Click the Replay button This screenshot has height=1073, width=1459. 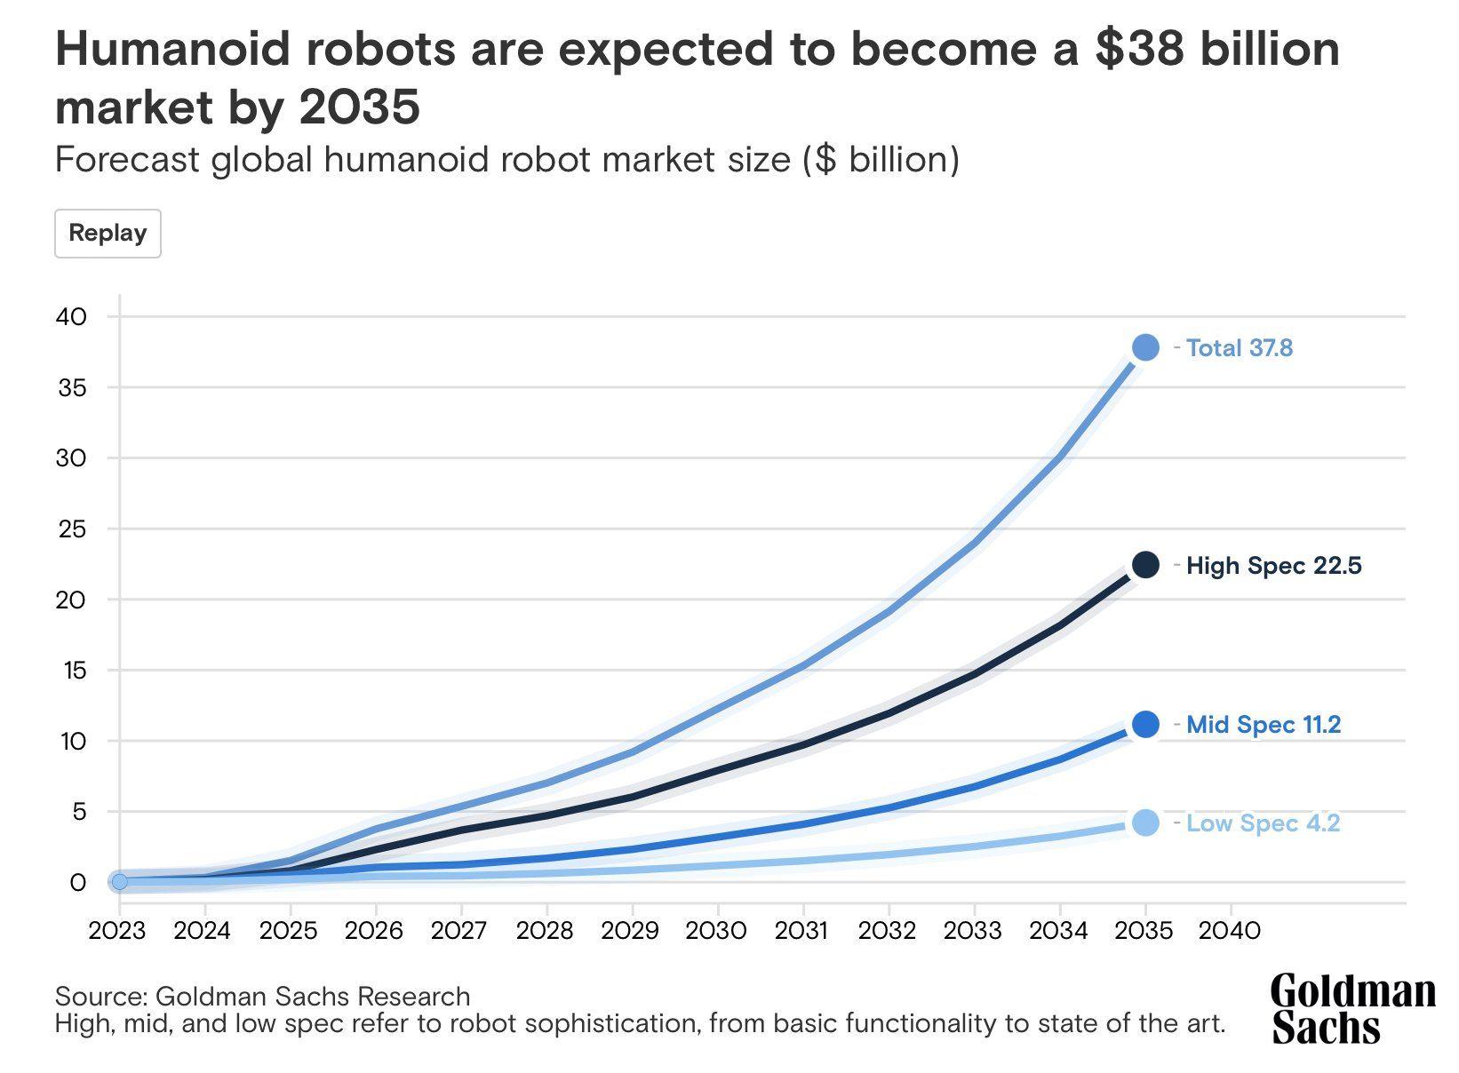[108, 234]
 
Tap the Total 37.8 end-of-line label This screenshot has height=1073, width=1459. [1239, 348]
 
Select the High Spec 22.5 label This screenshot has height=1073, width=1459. [1273, 566]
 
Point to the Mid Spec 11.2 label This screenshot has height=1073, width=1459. [1263, 725]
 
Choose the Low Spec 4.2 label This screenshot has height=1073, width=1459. [1262, 823]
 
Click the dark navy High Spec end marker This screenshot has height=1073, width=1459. [1145, 564]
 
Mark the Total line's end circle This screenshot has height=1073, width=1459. [1145, 347]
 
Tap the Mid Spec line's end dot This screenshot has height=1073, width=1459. [1145, 725]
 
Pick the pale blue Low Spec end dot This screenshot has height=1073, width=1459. [1145, 823]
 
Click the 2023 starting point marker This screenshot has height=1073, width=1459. [119, 882]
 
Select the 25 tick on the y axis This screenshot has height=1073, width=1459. [72, 529]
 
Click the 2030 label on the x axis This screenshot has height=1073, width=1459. [717, 931]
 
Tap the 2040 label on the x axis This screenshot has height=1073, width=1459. [1231, 931]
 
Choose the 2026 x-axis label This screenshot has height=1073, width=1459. [374, 931]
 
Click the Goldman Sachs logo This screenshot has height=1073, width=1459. [1352, 1008]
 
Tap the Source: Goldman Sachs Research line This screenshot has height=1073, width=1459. [262, 996]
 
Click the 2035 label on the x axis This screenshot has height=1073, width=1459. [1144, 931]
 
